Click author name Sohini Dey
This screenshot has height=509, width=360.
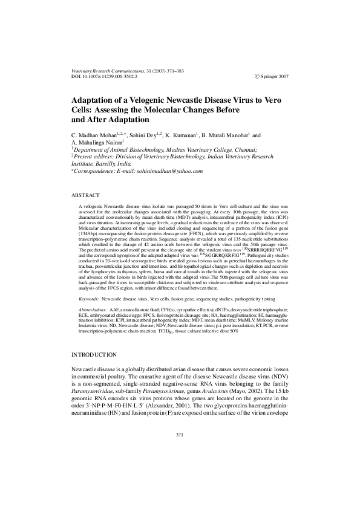pyautogui.click(x=143, y=135)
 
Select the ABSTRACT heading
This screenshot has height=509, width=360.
pyautogui.click(x=85, y=196)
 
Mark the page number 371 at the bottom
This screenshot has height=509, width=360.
pyautogui.click(x=180, y=468)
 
